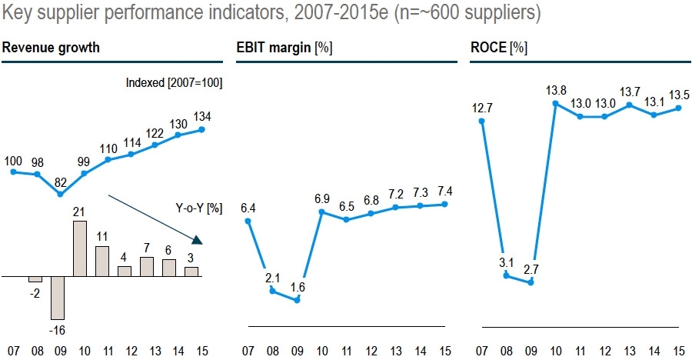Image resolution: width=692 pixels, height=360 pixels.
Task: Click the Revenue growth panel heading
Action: tap(51, 48)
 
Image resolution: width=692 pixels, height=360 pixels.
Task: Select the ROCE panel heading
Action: tap(498, 48)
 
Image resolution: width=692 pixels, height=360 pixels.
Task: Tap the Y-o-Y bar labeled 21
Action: tap(80, 248)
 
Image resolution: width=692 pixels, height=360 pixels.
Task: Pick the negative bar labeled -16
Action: tap(58, 297)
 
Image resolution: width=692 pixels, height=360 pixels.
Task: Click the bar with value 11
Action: tap(102, 261)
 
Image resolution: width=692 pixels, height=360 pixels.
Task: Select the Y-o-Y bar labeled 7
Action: tap(147, 266)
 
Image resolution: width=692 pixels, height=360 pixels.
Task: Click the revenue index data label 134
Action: tap(202, 116)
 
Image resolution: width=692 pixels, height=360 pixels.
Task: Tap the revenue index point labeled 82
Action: tap(59, 194)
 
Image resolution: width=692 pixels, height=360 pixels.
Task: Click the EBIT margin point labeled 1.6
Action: tap(297, 299)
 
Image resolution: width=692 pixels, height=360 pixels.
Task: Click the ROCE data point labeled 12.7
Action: tap(481, 119)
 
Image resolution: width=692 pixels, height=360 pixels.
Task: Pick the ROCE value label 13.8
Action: tap(556, 91)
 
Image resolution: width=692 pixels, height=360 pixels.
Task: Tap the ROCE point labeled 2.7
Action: tap(531, 282)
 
